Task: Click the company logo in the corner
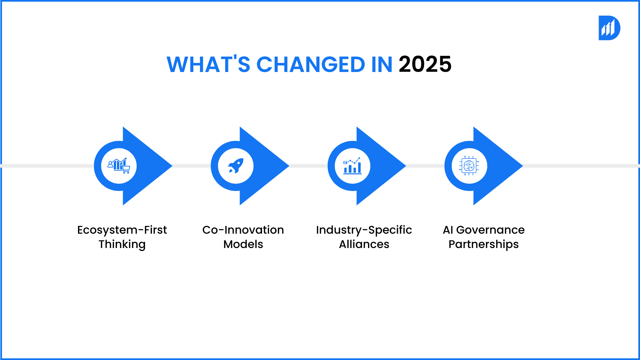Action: pos(609,28)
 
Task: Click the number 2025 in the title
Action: pos(425,64)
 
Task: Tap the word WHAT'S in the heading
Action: pos(208,64)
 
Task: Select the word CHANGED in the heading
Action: pos(311,64)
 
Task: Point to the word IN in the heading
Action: pos(382,64)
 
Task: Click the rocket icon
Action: pos(236,166)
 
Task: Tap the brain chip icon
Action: pos(469,166)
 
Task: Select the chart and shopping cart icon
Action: pos(119,166)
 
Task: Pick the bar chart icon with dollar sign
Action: pos(352,166)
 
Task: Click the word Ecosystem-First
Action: pos(122,230)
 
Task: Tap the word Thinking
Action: pos(122,245)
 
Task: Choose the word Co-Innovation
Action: pos(243,230)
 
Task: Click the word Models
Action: pos(243,244)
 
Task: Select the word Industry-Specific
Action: pos(364,230)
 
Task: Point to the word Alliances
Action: pos(364,244)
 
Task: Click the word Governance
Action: pos(490,230)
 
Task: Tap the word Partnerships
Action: pos(484,245)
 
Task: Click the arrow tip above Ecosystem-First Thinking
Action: pos(172,166)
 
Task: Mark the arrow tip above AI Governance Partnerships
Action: pos(523,166)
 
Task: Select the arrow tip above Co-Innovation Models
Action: pos(289,166)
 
